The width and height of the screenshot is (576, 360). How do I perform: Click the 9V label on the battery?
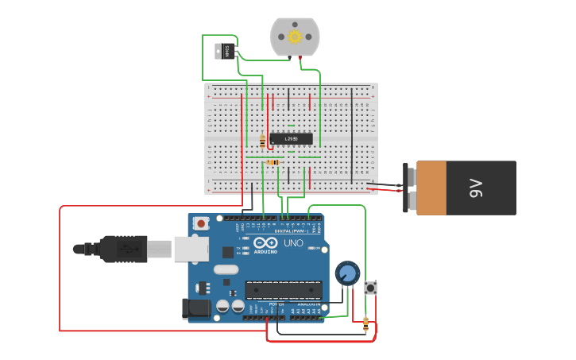475,188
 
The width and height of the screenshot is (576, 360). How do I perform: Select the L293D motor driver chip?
291,139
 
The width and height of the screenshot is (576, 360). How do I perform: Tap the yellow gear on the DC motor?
295,37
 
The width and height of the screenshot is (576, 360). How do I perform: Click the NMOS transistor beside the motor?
225,51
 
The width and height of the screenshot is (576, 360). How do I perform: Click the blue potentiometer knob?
346,273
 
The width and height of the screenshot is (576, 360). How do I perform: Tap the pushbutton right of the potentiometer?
370,288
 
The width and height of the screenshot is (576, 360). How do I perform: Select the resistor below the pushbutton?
365,323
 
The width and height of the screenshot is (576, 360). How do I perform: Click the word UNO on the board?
293,242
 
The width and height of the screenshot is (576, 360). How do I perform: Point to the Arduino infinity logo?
266,242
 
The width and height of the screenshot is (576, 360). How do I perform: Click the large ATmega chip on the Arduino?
284,292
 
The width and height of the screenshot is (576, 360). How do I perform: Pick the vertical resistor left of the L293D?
262,141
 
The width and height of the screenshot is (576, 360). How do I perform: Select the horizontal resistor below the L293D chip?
273,162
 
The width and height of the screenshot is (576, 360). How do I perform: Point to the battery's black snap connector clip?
408,188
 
